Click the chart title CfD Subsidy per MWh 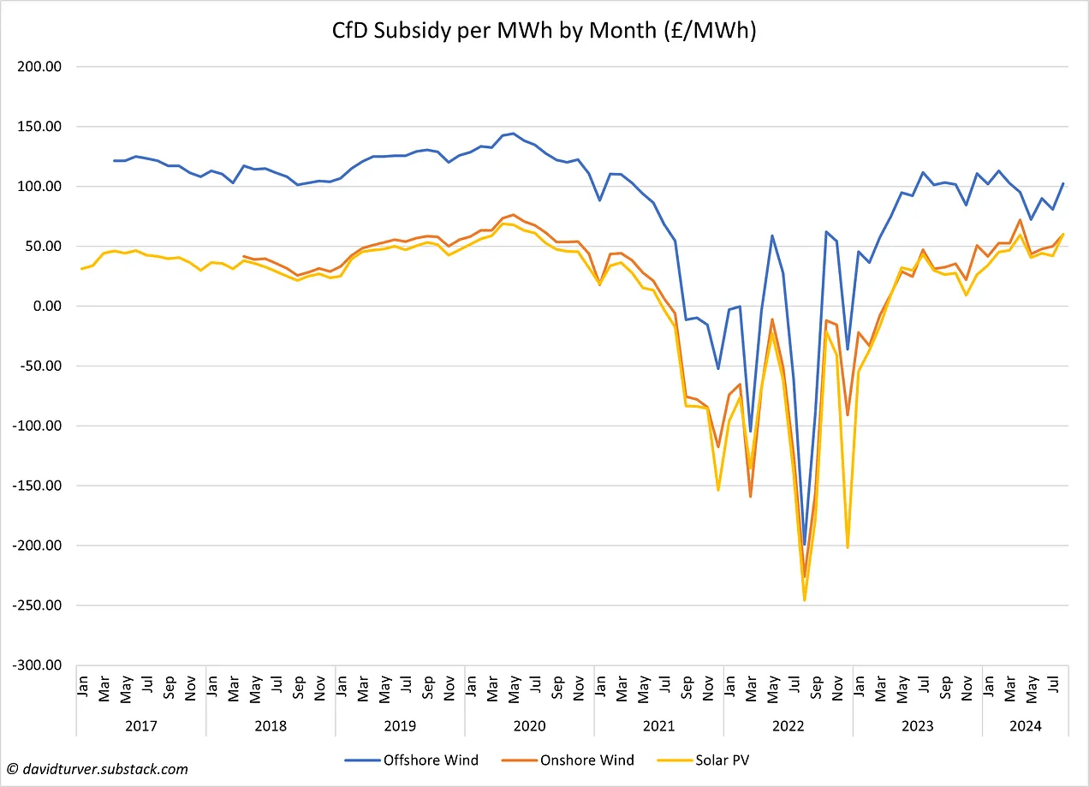click(x=544, y=31)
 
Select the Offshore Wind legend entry click(x=411, y=760)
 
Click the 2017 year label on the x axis click(x=140, y=726)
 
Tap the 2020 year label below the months click(x=529, y=726)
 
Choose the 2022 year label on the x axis click(x=788, y=726)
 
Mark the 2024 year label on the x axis click(x=1025, y=726)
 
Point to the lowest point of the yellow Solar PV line click(x=805, y=600)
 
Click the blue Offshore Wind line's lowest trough click(x=805, y=546)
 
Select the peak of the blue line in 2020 click(x=513, y=133)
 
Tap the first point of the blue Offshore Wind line click(x=115, y=160)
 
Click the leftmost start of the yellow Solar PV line click(x=82, y=269)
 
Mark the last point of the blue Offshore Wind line click(x=1063, y=183)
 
